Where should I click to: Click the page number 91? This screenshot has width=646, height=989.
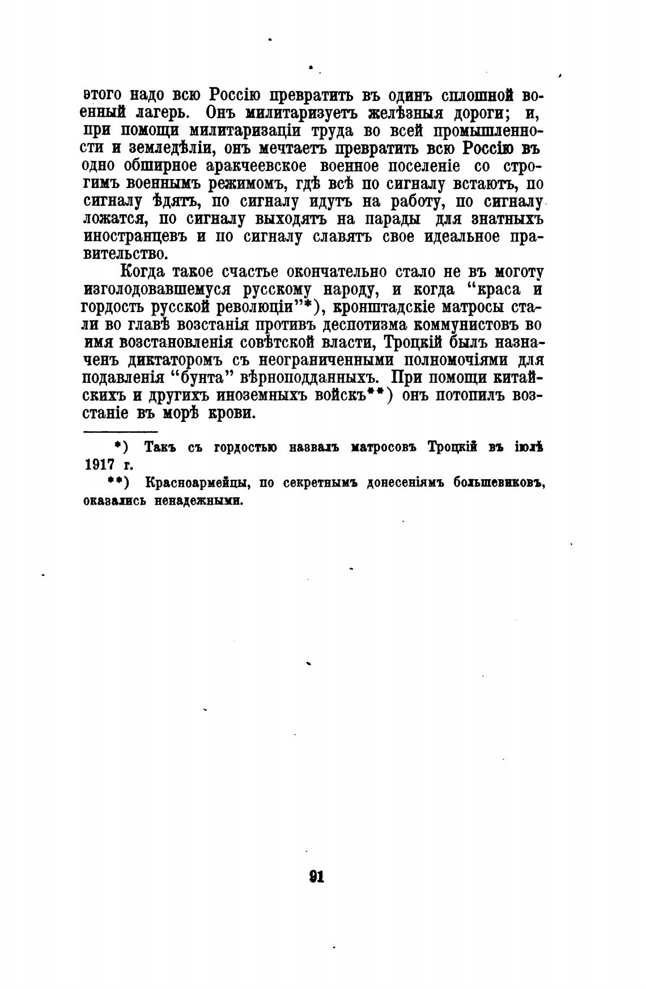pos(316,876)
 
